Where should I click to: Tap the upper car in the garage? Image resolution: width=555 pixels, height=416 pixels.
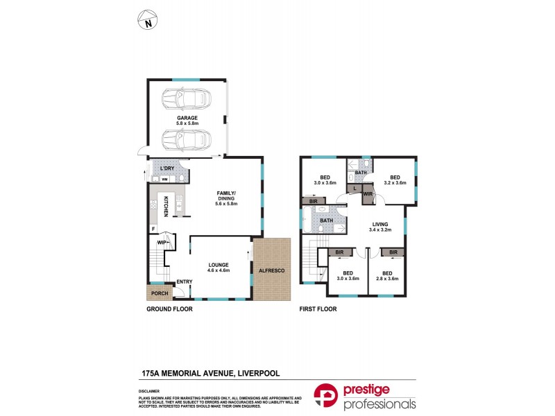[185, 101]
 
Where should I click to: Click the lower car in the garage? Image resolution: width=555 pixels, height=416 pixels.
[185, 140]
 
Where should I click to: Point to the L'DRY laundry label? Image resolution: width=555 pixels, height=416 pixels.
[166, 169]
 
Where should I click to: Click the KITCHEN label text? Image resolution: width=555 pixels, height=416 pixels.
[166, 207]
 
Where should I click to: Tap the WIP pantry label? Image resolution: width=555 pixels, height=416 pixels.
[162, 243]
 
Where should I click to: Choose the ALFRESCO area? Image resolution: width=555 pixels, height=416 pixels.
[271, 269]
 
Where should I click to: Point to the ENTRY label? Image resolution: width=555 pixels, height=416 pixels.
[185, 281]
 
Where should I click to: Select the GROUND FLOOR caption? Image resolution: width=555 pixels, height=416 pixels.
[169, 309]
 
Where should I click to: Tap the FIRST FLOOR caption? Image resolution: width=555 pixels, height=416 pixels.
[318, 309]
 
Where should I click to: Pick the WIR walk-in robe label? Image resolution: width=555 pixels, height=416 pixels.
[368, 195]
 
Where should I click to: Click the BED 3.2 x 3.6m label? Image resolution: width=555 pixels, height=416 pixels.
[395, 180]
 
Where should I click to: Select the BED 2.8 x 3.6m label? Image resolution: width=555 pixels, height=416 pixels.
[386, 276]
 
